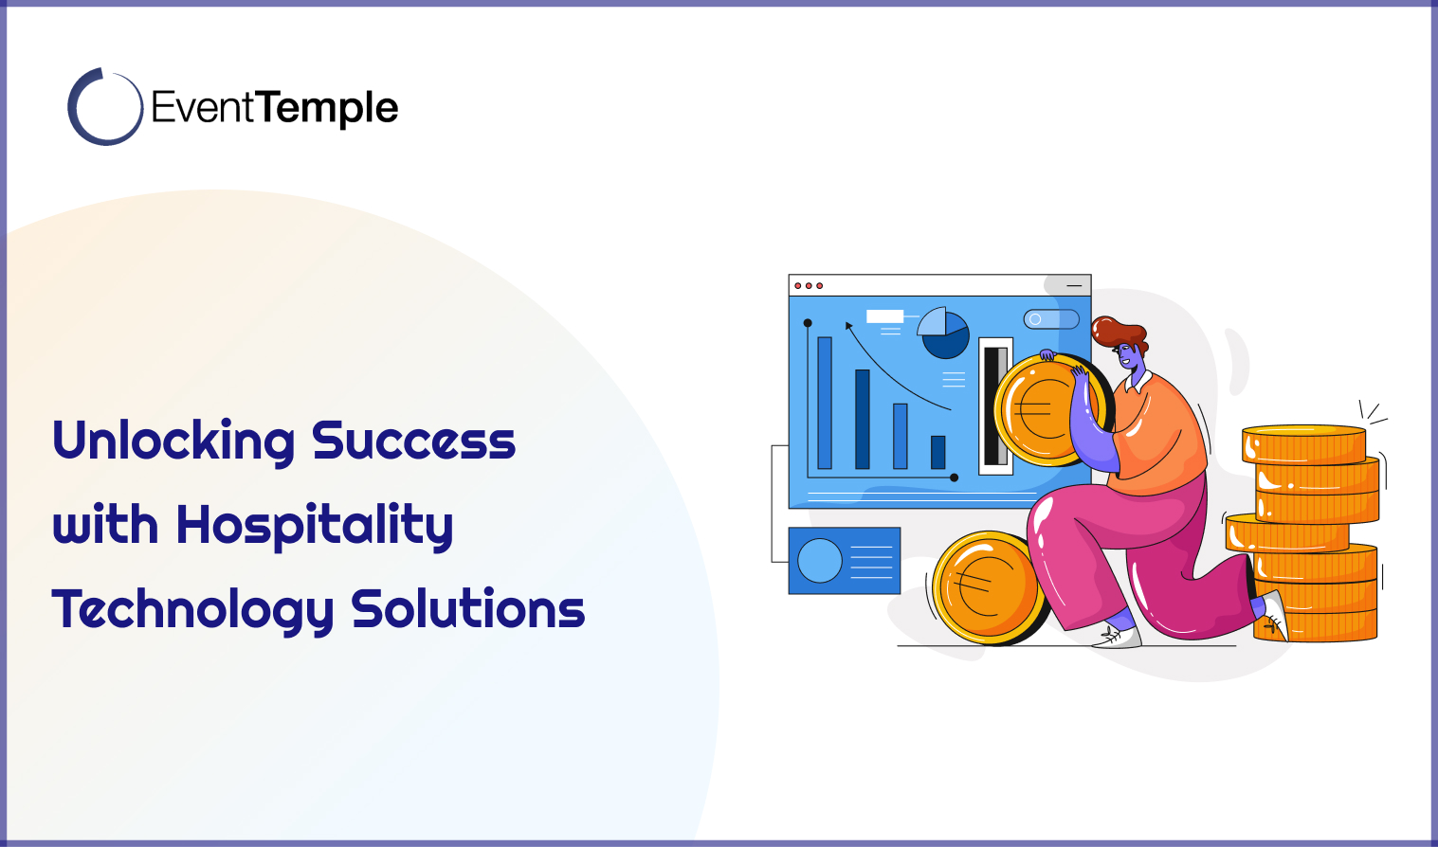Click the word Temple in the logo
point(327,108)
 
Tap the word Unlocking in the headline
point(173,442)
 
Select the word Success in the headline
point(413,442)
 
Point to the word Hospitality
point(315,526)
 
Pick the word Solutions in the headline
point(468,609)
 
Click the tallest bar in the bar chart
point(825,403)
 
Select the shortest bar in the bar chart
point(937,452)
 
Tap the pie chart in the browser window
point(943,333)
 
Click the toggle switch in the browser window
point(1051,319)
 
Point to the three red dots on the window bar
point(809,285)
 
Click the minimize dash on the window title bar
point(1074,285)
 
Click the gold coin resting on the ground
point(986,587)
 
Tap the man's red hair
point(1119,332)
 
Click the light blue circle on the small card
point(820,560)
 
